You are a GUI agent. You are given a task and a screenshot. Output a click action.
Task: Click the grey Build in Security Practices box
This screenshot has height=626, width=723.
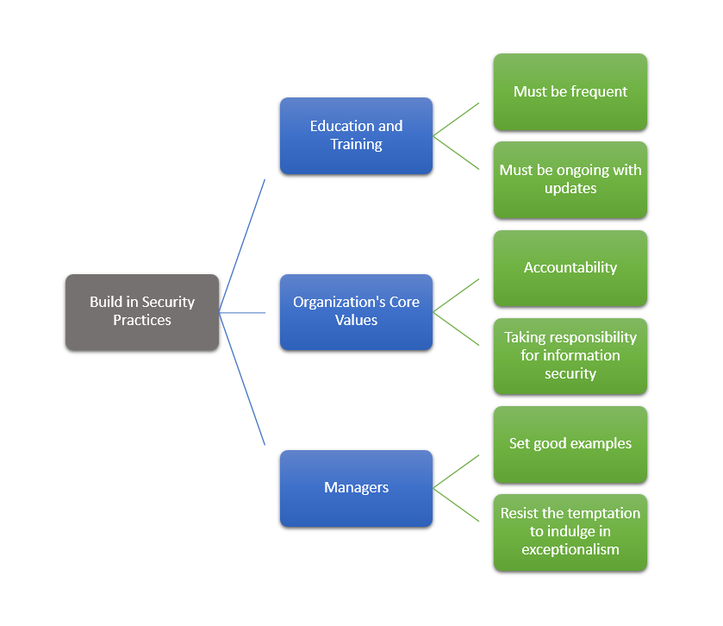click(x=142, y=311)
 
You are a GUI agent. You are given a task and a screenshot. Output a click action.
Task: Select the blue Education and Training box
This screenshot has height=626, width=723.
click(x=356, y=135)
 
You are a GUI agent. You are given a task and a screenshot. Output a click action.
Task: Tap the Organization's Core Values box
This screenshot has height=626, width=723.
click(x=356, y=311)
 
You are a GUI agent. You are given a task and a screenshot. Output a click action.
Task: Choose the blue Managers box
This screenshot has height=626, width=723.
click(x=356, y=488)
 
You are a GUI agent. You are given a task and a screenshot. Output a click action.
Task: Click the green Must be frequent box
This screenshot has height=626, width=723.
click(x=570, y=91)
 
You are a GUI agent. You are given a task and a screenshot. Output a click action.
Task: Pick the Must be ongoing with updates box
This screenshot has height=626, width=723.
click(x=570, y=179)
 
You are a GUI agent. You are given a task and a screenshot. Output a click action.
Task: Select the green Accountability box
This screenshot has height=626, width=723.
click(x=570, y=267)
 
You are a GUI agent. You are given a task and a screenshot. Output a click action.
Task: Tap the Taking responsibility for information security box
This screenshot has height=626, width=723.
click(x=570, y=355)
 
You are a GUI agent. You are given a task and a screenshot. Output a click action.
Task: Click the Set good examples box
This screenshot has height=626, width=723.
click(x=570, y=444)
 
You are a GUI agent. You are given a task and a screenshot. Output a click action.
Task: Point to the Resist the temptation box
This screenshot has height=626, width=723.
click(x=570, y=532)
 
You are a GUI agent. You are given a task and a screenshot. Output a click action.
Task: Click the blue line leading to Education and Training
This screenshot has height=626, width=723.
click(x=242, y=246)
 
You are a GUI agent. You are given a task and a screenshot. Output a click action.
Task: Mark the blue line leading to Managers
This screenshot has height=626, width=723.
click(x=242, y=379)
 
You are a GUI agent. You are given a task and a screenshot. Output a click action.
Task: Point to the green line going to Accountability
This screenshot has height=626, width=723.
click(x=456, y=295)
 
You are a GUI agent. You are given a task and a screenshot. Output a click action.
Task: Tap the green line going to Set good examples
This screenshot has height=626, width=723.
click(x=456, y=472)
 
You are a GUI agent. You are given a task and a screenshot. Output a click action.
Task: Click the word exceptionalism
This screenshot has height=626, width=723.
click(x=570, y=549)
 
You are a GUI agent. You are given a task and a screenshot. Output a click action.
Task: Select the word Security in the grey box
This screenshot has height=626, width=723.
click(x=168, y=302)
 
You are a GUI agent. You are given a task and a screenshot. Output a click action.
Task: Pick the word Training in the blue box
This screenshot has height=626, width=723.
click(x=356, y=145)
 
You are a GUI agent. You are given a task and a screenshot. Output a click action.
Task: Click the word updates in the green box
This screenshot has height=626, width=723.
click(x=570, y=188)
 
